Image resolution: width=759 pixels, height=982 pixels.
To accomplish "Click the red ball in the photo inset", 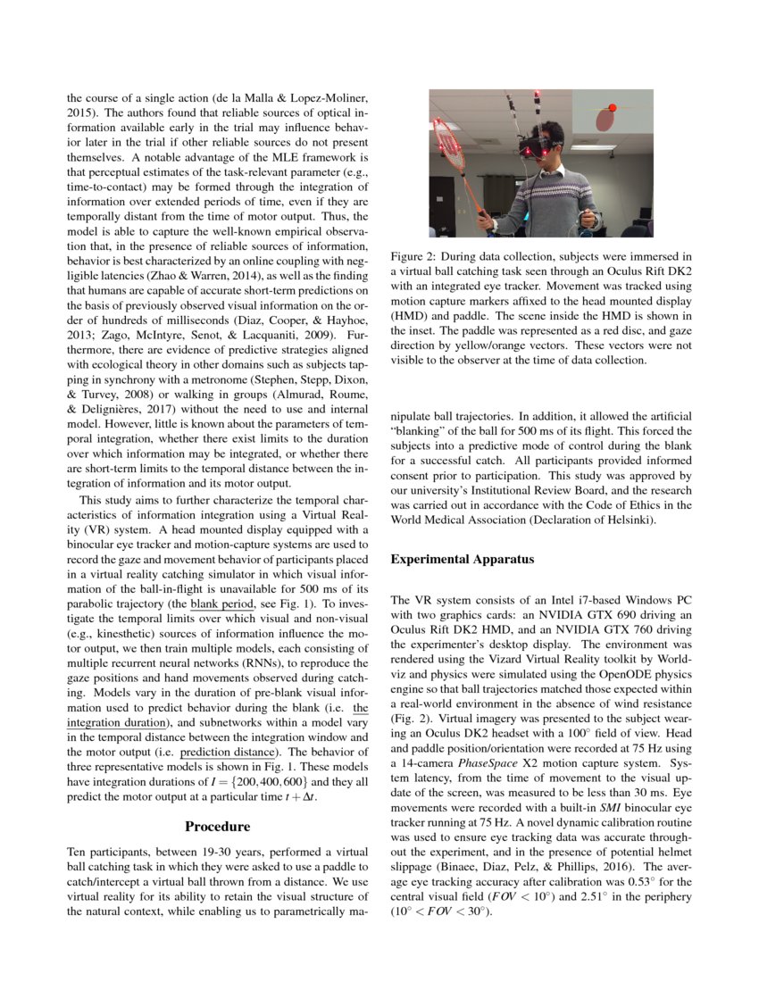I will tap(613, 108).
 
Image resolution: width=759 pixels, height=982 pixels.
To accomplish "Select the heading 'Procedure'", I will tap(217, 827).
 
